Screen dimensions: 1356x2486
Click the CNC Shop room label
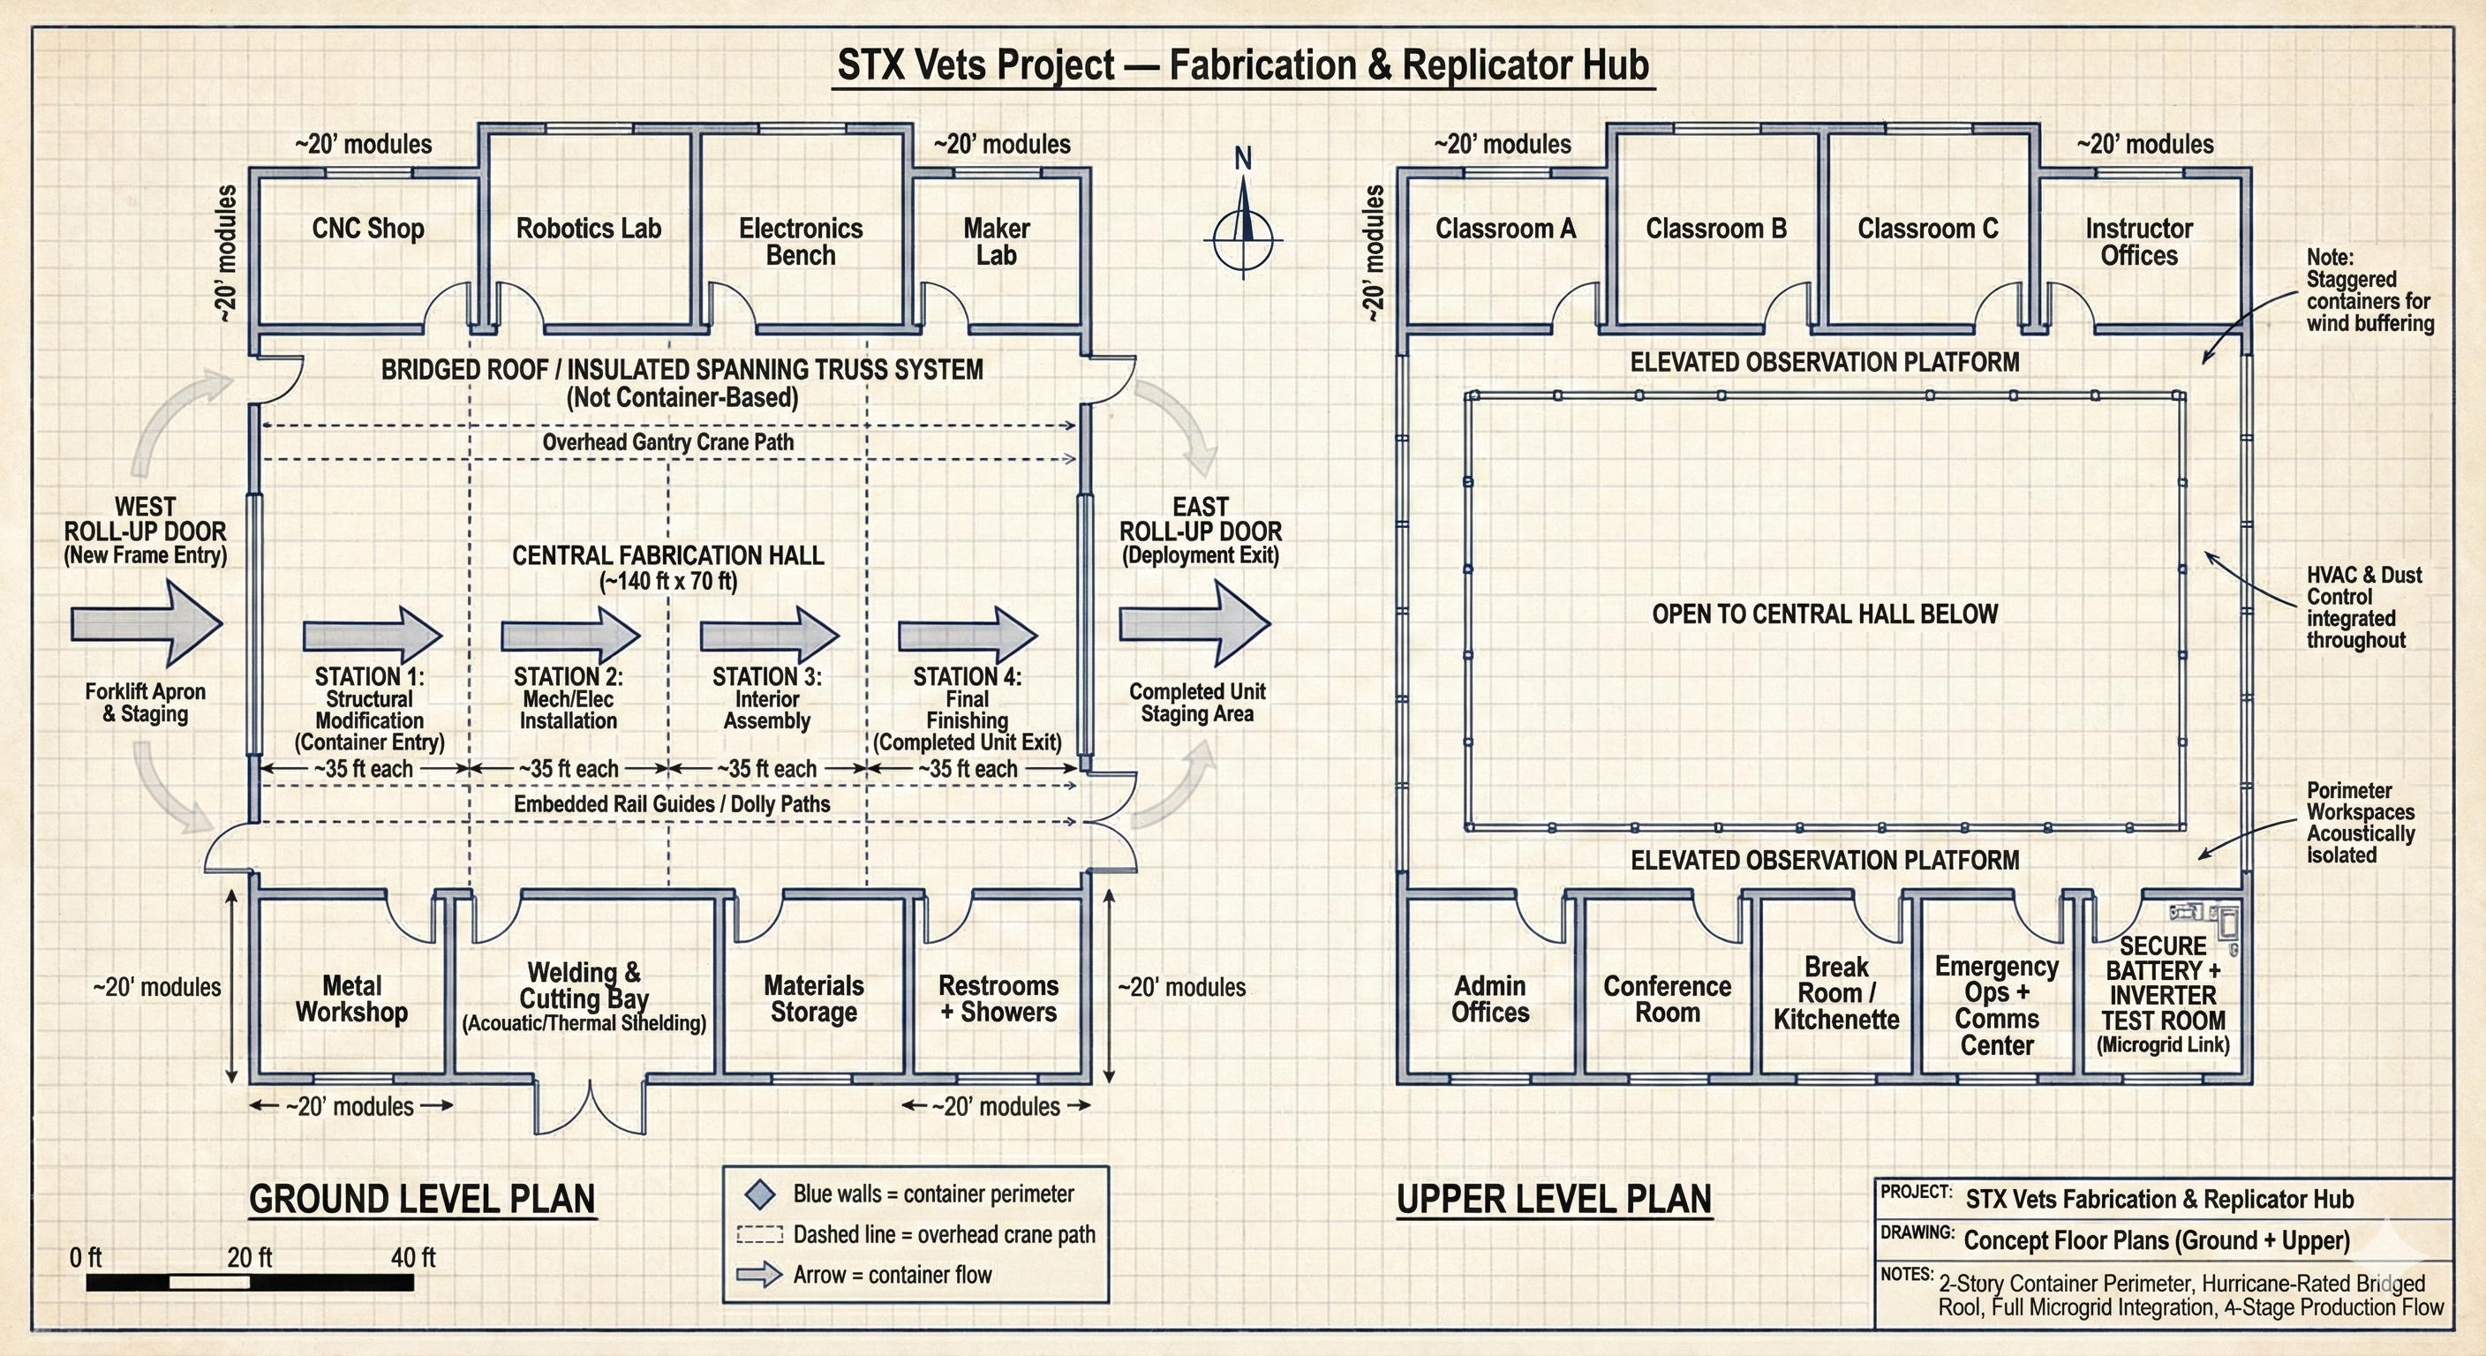367,229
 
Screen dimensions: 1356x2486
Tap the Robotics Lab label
588,229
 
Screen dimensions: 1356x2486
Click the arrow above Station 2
569,635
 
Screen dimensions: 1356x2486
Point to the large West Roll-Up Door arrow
147,623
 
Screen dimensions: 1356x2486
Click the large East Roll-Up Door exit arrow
1194,623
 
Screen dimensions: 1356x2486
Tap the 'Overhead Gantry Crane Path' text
667,442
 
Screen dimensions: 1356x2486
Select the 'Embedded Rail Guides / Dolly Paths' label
671,804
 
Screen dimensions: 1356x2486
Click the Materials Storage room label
814,999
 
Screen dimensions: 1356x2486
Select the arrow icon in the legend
759,1275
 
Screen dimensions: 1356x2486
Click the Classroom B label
1716,229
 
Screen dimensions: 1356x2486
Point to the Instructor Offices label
2138,242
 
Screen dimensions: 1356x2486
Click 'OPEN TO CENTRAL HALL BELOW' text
1824,614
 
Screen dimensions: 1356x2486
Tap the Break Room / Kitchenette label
1835,993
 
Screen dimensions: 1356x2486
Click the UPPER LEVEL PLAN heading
1554,1199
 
